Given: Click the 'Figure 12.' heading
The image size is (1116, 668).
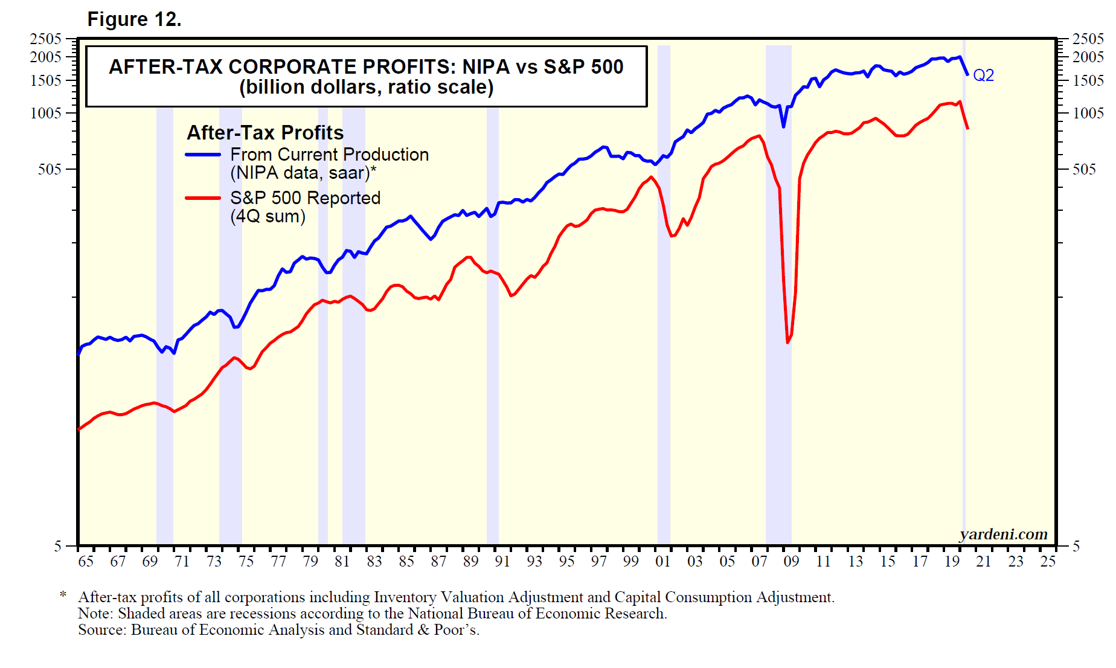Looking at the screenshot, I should (x=134, y=19).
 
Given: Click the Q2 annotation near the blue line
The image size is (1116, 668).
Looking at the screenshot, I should (x=983, y=75).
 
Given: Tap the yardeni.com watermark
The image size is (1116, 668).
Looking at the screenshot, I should (x=1003, y=535).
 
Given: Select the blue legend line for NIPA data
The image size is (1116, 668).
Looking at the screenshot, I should (x=203, y=155).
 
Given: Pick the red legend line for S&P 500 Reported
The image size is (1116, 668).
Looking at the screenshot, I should (x=203, y=198).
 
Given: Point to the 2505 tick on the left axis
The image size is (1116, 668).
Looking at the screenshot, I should (x=46, y=39).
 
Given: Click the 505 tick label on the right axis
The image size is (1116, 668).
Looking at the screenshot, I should (x=1083, y=170).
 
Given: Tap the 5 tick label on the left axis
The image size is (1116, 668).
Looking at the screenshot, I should (x=58, y=547).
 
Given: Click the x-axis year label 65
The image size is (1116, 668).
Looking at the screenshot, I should (x=86, y=562).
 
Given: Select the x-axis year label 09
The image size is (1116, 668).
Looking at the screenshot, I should (x=791, y=562).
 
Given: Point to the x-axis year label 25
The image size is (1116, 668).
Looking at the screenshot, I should (x=1048, y=562).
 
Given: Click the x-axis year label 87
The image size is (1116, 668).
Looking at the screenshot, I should (x=438, y=562).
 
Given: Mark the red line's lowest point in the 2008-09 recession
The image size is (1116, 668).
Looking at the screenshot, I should (x=787, y=342).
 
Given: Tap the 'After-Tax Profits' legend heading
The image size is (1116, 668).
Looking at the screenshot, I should (x=265, y=133).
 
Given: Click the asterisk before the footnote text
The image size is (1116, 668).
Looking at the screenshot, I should (x=63, y=596).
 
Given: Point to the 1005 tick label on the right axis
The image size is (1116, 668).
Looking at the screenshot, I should (x=1088, y=114).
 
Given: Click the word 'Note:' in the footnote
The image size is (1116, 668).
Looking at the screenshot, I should (x=95, y=614).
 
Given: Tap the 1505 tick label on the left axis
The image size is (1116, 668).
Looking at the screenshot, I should (x=46, y=81).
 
